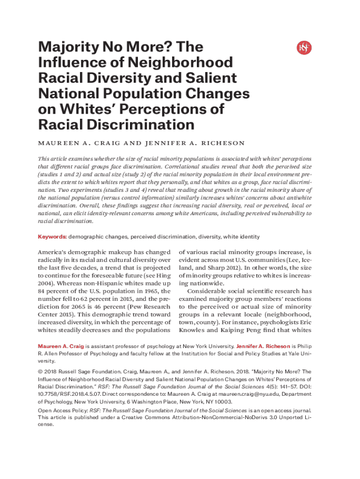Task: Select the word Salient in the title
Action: pyautogui.click(x=213, y=78)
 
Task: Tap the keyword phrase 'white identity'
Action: pyautogui.click(x=242, y=237)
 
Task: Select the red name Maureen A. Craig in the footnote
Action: pyautogui.click(x=61, y=346)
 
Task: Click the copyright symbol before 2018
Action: pyautogui.click(x=40, y=372)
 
